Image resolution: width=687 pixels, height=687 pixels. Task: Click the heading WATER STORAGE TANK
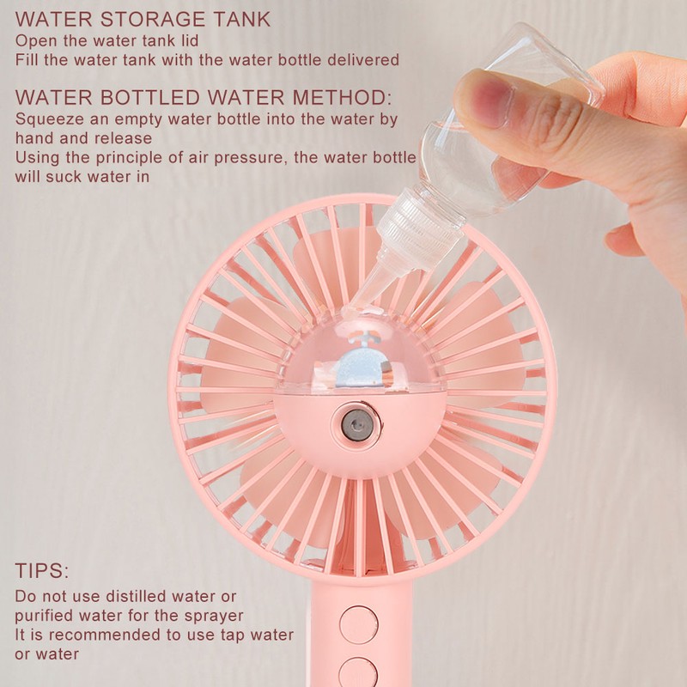click(x=143, y=18)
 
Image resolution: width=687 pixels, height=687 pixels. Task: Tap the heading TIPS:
click(x=42, y=571)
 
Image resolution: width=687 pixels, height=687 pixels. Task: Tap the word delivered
click(x=366, y=60)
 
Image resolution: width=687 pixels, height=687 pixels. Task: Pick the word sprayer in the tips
click(x=215, y=616)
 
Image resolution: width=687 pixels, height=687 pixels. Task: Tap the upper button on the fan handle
click(x=358, y=624)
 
